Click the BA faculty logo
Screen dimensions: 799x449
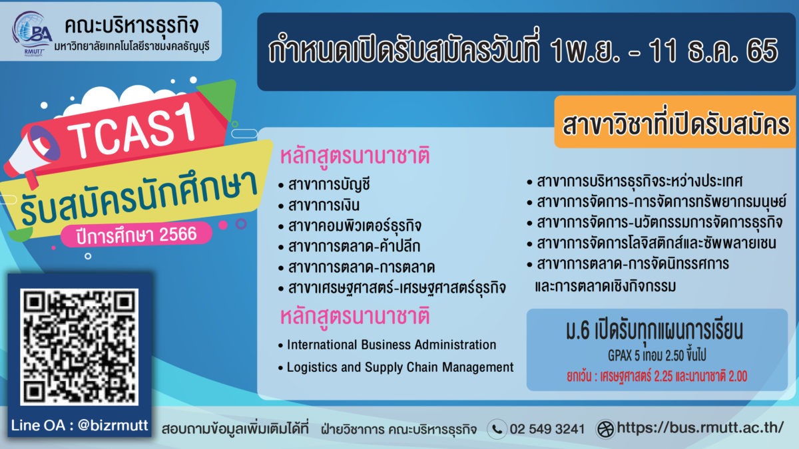(32, 33)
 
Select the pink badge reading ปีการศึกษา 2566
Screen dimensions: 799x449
(136, 235)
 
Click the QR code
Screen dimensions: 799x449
(79, 347)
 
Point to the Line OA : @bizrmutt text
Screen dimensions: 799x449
(79, 425)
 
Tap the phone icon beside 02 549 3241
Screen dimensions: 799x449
(497, 429)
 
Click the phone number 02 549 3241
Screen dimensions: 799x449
(547, 429)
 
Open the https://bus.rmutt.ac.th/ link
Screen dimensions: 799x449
(700, 427)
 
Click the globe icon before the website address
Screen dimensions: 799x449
(605, 429)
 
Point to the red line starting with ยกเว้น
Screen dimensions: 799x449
(657, 376)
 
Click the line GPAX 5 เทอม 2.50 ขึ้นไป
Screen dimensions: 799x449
(657, 355)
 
